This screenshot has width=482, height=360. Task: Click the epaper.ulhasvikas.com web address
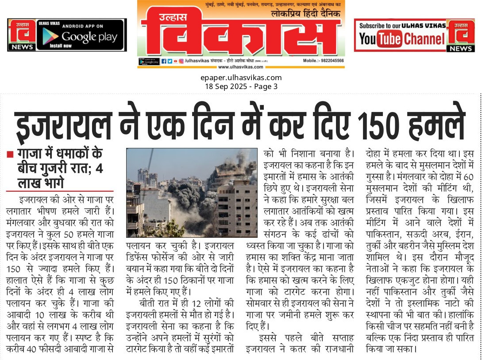(x=241, y=78)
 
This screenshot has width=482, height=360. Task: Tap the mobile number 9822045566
(x=331, y=61)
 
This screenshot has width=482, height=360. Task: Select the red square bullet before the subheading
(x=10, y=155)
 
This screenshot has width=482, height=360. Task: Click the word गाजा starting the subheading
(x=29, y=154)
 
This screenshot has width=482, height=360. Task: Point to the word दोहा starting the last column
(x=375, y=155)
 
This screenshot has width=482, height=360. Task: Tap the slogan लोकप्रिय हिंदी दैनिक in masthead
(x=306, y=14)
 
